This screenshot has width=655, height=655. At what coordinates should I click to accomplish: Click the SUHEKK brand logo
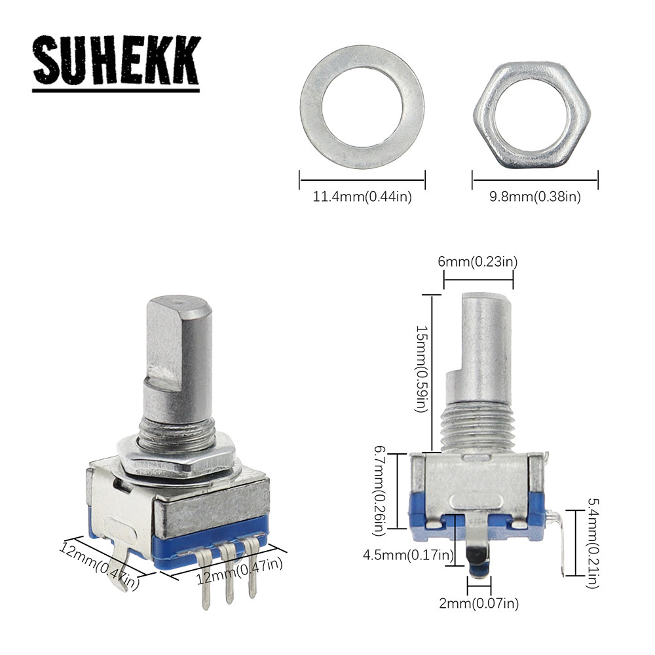[116, 63]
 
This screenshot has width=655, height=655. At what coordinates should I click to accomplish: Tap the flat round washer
[310, 107]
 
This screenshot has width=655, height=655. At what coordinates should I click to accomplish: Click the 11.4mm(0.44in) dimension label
[362, 196]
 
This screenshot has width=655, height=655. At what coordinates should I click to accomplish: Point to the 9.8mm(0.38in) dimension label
[535, 196]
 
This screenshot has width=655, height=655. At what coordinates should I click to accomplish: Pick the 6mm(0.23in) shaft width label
[477, 261]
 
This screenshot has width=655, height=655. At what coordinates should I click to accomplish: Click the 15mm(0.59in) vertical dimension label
[422, 369]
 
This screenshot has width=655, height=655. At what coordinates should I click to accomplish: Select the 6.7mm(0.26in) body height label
[379, 490]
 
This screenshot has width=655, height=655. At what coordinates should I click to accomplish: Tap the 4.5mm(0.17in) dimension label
[408, 555]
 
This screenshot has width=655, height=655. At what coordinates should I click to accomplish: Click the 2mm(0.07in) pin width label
[479, 603]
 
